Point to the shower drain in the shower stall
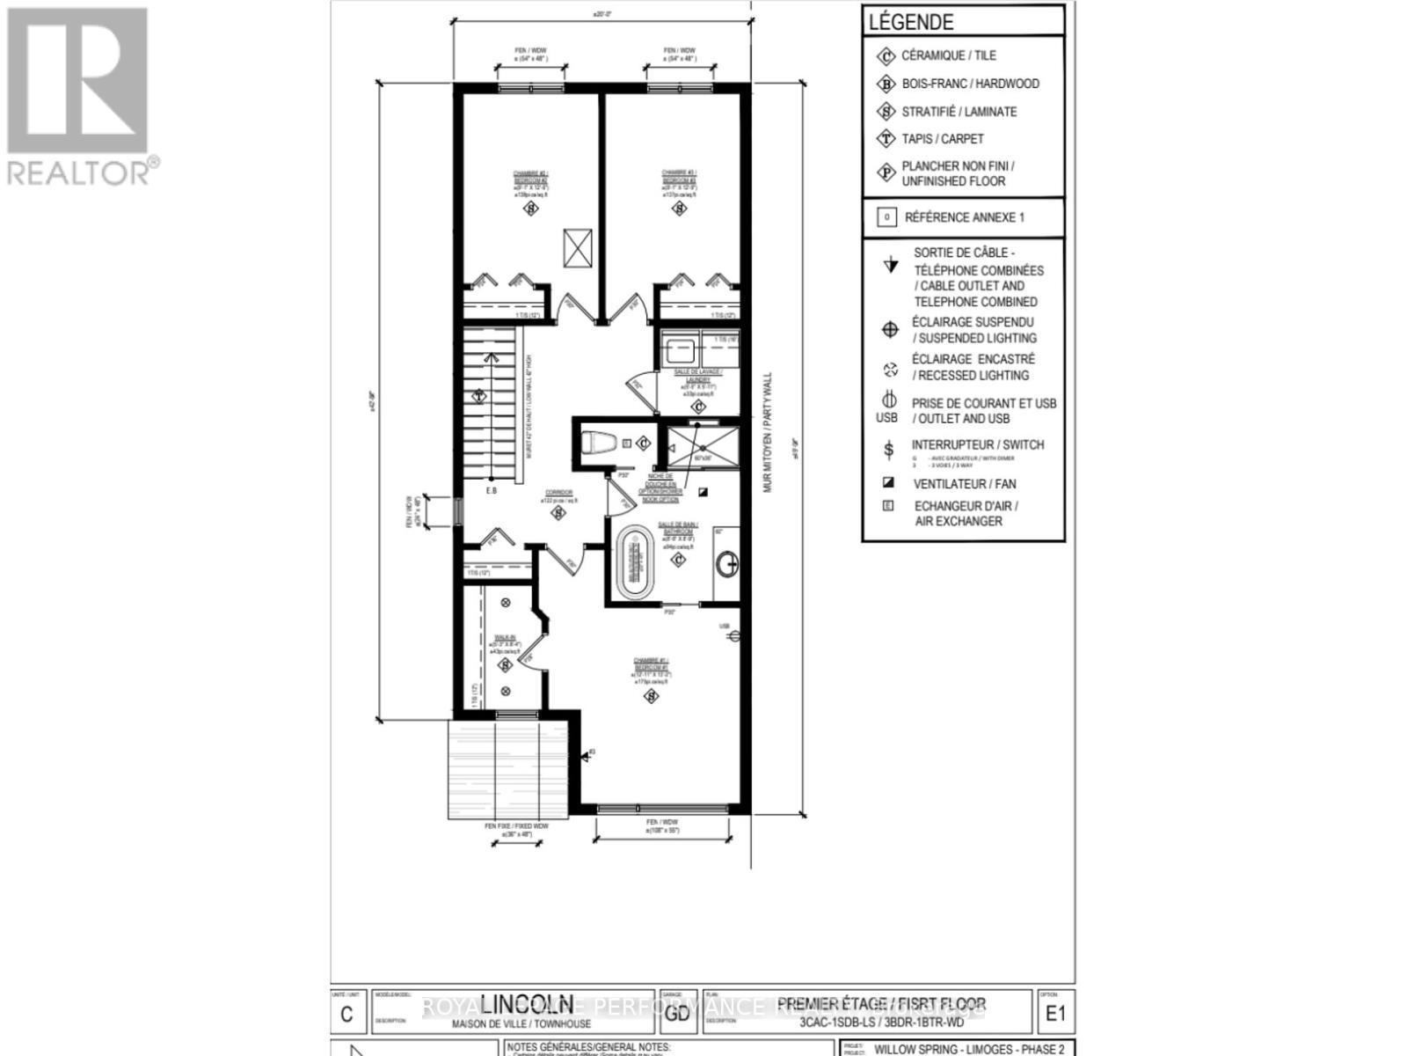click(x=696, y=424)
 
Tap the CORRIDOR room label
click(x=558, y=493)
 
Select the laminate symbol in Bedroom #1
click(x=651, y=697)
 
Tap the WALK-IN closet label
click(x=505, y=639)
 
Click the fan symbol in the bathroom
click(x=703, y=492)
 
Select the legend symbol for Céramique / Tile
click(x=886, y=55)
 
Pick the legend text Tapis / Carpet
click(x=942, y=139)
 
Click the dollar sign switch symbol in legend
click(x=889, y=450)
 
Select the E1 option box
click(x=1054, y=1013)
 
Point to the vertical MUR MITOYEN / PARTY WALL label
click(x=768, y=431)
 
